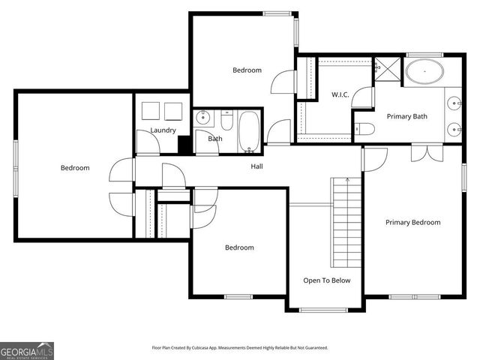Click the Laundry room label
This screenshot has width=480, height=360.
[163, 130]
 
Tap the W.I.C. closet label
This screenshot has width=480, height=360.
[342, 94]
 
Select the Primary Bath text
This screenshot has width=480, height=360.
[406, 116]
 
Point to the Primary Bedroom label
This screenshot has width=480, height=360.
[412, 222]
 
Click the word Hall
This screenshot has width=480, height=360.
[256, 166]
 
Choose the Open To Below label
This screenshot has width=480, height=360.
[326, 280]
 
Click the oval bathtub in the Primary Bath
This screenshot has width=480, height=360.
[424, 73]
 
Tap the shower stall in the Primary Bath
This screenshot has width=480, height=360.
[387, 67]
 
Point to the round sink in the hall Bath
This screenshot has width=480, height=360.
[203, 118]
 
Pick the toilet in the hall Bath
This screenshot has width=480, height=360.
[227, 119]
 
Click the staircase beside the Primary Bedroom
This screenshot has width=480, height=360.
[346, 225]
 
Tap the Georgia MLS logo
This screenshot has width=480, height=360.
[27, 350]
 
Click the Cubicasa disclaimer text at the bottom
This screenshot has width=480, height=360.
[240, 348]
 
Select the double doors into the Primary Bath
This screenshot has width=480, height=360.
[421, 153]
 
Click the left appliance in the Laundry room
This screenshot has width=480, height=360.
[151, 110]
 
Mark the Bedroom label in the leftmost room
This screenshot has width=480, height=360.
[75, 168]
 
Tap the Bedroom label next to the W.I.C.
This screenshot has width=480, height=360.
[247, 70]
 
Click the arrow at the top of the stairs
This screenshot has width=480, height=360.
[346, 181]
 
